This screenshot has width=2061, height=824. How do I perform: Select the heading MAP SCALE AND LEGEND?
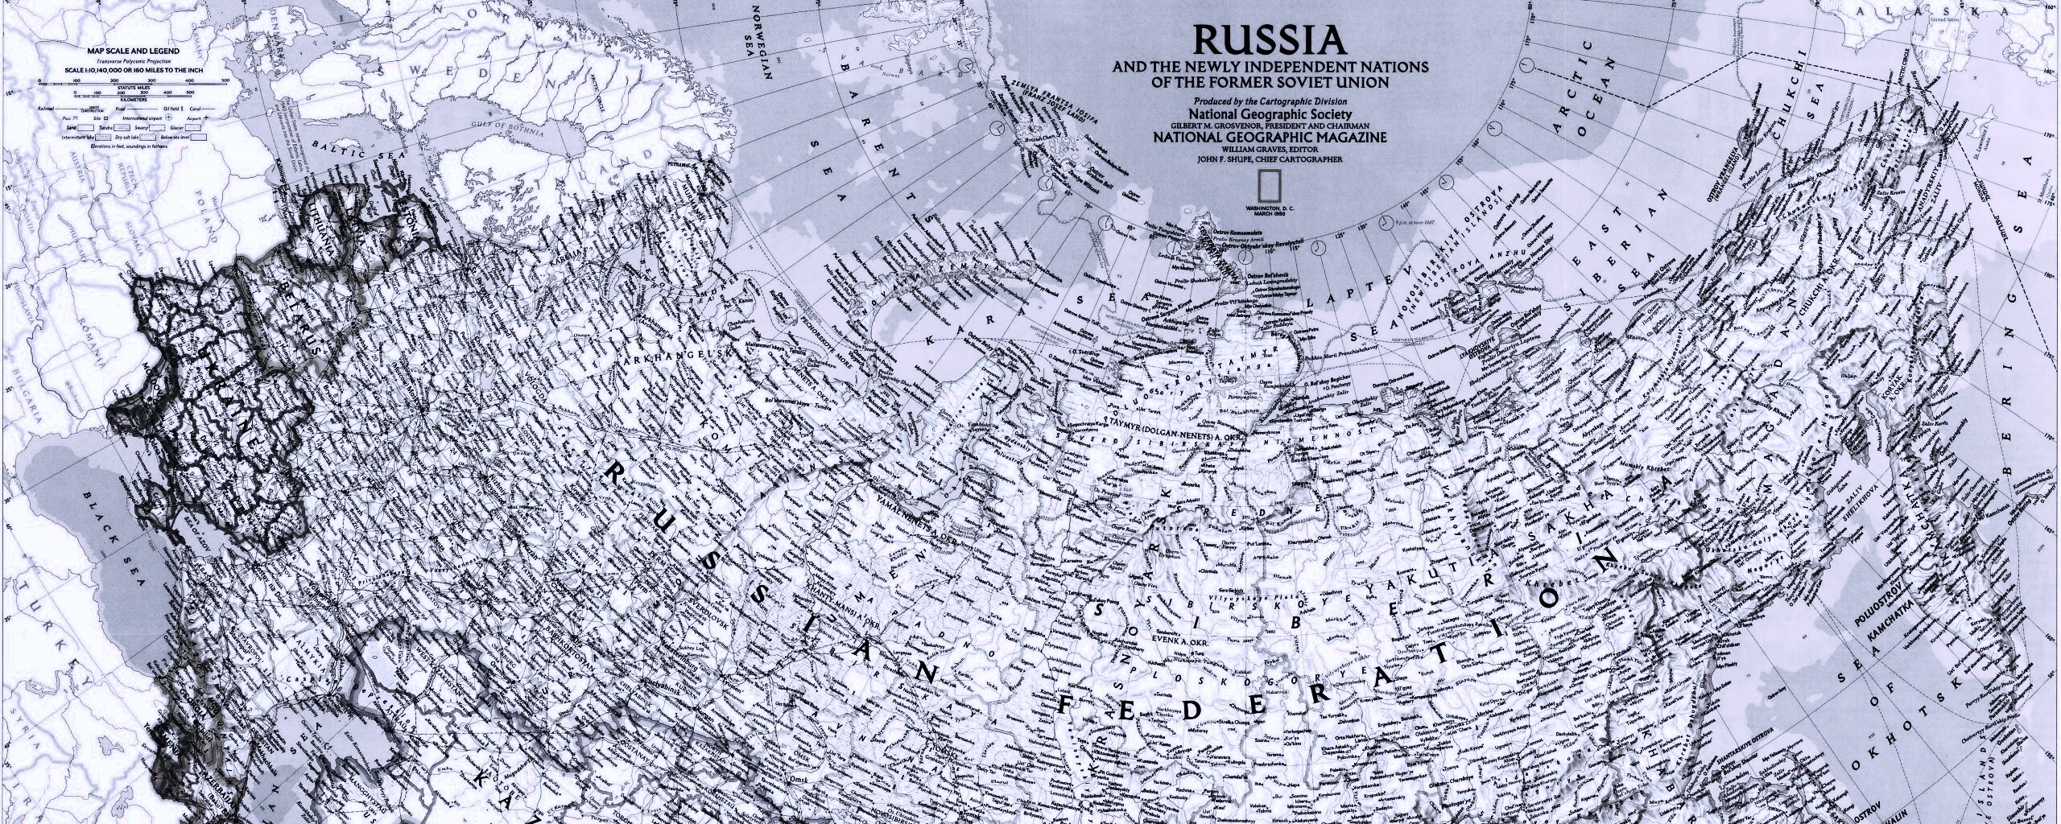(134, 51)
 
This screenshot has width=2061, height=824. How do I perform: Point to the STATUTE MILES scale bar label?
(134, 88)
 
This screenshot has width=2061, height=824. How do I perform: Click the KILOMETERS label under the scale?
(134, 100)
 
